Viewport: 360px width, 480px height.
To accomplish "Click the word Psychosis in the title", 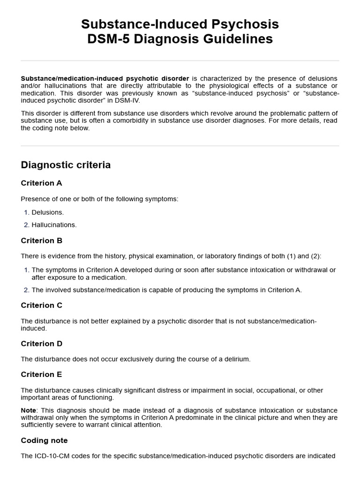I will click(x=245, y=24).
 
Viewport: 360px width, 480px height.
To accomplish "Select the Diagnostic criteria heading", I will click(x=66, y=165).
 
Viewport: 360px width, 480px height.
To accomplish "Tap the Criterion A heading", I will click(x=41, y=183).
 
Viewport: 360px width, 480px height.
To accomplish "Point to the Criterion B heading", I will click(x=41, y=240).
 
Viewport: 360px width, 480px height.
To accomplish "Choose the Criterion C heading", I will click(x=41, y=305).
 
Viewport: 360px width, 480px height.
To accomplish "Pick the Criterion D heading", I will click(x=41, y=344).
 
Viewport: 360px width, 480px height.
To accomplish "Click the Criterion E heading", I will click(x=41, y=374).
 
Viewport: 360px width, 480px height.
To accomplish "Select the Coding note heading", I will click(x=44, y=440).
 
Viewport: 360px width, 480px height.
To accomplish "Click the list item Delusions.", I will click(x=47, y=212).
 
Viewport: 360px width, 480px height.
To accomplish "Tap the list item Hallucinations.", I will click(x=54, y=225).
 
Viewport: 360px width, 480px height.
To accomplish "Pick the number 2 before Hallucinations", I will click(x=26, y=225).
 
